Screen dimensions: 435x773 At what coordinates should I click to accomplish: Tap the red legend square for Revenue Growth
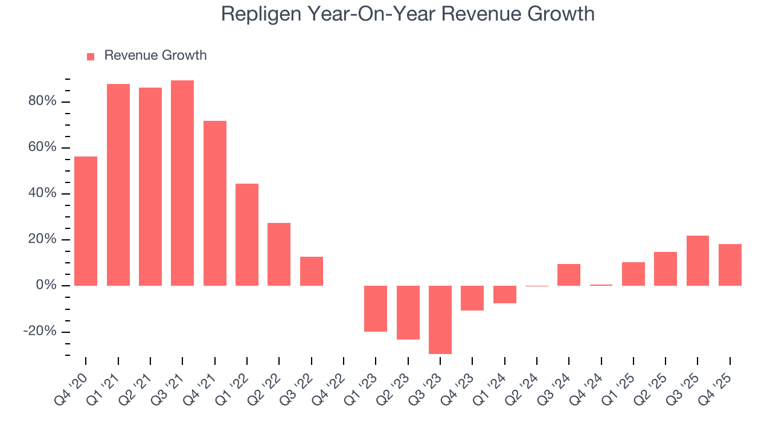click(x=91, y=56)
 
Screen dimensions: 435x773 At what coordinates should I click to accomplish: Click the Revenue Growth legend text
click(x=155, y=56)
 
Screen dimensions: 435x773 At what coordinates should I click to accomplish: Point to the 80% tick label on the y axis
click(x=42, y=101)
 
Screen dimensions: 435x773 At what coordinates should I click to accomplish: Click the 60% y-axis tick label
click(x=42, y=147)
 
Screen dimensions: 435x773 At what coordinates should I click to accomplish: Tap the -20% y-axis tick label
click(x=40, y=332)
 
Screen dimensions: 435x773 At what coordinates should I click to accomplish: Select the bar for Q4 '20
click(x=86, y=221)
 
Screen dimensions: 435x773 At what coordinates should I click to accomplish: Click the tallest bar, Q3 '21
click(x=182, y=183)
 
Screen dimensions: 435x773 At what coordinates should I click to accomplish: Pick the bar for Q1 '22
click(x=247, y=234)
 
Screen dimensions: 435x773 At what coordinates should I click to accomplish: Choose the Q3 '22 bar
click(x=312, y=271)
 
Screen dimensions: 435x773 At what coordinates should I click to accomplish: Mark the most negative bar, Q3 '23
click(x=440, y=320)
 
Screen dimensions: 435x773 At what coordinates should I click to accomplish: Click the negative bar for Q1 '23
click(x=376, y=309)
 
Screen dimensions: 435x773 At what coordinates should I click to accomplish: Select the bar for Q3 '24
click(x=569, y=275)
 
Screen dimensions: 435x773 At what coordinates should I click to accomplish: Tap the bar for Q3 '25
click(x=698, y=260)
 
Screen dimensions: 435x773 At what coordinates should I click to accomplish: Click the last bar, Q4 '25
click(x=730, y=265)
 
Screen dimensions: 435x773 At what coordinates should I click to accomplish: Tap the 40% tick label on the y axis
click(x=42, y=193)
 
